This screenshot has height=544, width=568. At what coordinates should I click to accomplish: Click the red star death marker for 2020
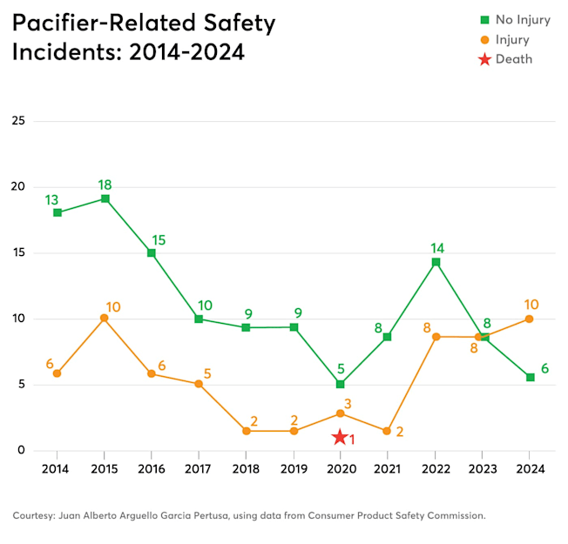pyautogui.click(x=340, y=437)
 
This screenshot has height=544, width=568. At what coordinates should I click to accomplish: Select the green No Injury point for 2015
pyautogui.click(x=105, y=198)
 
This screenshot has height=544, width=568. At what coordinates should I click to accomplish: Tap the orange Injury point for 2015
pyautogui.click(x=105, y=318)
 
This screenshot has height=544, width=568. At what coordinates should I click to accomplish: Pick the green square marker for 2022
pyautogui.click(x=436, y=262)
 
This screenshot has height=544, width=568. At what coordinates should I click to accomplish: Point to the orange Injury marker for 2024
pyautogui.click(x=530, y=319)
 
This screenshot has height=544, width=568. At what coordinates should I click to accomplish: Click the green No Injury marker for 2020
pyautogui.click(x=340, y=384)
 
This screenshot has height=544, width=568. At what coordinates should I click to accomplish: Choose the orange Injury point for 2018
pyautogui.click(x=247, y=431)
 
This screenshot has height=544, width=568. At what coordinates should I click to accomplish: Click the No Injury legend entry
pyautogui.click(x=519, y=20)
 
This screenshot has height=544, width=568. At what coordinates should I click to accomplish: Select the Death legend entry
pyautogui.click(x=513, y=59)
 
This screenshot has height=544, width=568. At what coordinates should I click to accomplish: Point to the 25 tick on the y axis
pyautogui.click(x=17, y=120)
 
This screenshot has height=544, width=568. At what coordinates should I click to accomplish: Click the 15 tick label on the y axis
pyautogui.click(x=17, y=252)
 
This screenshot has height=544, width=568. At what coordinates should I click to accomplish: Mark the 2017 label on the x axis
pyautogui.click(x=199, y=468)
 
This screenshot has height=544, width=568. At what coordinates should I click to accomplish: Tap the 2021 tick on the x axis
pyautogui.click(x=388, y=468)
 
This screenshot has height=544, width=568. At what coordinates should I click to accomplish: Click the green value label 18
pyautogui.click(x=105, y=185)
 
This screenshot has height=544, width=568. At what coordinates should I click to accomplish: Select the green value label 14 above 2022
pyautogui.click(x=436, y=248)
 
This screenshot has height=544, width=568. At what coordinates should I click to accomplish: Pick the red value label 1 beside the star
pyautogui.click(x=352, y=440)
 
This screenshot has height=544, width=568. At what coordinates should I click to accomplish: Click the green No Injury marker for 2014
pyautogui.click(x=57, y=212)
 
